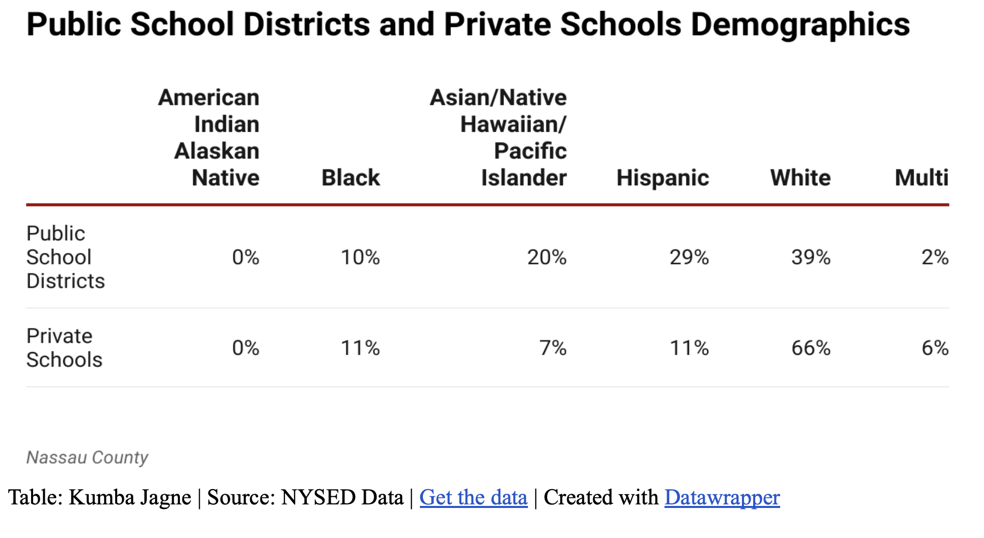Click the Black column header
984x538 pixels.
point(351,178)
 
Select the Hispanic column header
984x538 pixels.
point(662,178)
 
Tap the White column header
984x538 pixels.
point(800,178)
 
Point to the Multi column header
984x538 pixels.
point(921,178)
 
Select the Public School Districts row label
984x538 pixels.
point(65,257)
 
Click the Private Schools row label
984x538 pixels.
point(64,348)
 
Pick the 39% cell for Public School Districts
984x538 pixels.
point(811,257)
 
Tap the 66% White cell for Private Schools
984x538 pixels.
point(811,348)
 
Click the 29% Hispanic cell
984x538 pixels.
point(689,257)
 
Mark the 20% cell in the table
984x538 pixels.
point(547,257)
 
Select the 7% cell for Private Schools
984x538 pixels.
point(553,348)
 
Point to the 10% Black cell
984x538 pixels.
point(360,257)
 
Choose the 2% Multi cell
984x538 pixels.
point(935,257)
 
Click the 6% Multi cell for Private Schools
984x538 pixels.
point(935,348)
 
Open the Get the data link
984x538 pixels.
point(473,497)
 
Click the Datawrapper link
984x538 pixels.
point(722,497)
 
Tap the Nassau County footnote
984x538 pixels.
point(87,457)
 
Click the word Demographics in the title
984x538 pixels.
point(800,24)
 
